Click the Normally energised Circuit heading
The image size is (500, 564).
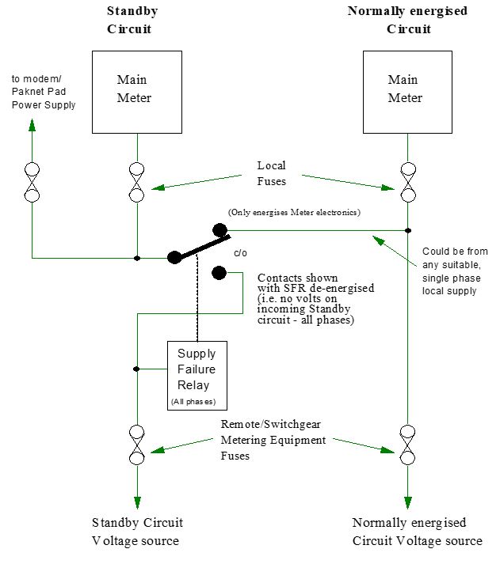point(408,21)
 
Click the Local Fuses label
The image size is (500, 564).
point(272,173)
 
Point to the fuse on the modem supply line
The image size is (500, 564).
point(32,183)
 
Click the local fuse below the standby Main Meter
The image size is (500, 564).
point(137,183)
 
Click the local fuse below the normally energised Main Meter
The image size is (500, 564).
point(408,183)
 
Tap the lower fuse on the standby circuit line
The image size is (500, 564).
point(137,445)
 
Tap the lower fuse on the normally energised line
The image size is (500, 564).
point(408,445)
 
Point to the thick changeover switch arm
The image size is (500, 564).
point(199,246)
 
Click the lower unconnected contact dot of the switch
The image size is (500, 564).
point(219,274)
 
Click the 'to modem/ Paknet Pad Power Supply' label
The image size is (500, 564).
point(44,93)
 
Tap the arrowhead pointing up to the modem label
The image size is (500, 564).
point(32,127)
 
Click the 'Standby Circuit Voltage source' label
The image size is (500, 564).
point(137,532)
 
